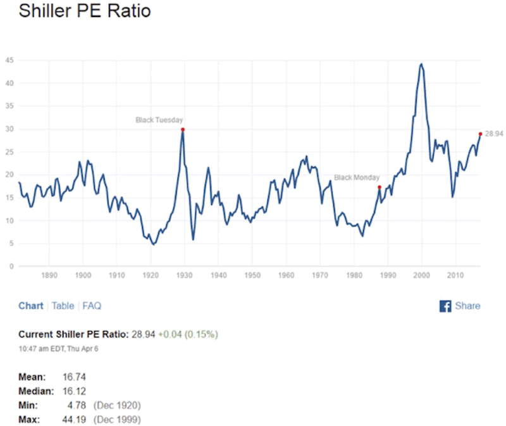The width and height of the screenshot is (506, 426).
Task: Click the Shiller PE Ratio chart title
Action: (85, 11)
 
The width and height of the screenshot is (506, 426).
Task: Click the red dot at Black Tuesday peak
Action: (183, 130)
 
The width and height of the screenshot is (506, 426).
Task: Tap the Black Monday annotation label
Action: (357, 178)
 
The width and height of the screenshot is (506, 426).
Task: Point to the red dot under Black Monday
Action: (379, 187)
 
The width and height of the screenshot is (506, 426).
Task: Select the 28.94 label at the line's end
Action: (493, 134)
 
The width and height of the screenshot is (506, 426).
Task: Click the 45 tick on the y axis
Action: (9, 61)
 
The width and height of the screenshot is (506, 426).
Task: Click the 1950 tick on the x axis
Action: (252, 276)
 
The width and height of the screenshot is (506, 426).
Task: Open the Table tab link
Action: (63, 306)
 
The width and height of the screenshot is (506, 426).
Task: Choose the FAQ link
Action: (92, 306)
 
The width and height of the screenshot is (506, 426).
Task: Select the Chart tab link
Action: (31, 306)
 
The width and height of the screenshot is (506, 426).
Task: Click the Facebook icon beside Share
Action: (445, 306)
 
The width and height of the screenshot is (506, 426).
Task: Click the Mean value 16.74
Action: (75, 377)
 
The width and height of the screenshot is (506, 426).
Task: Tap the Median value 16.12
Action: (75, 391)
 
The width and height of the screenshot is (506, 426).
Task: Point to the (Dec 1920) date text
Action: (117, 405)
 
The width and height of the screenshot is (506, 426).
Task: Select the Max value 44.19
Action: (75, 419)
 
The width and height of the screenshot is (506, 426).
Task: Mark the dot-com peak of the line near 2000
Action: (421, 64)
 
